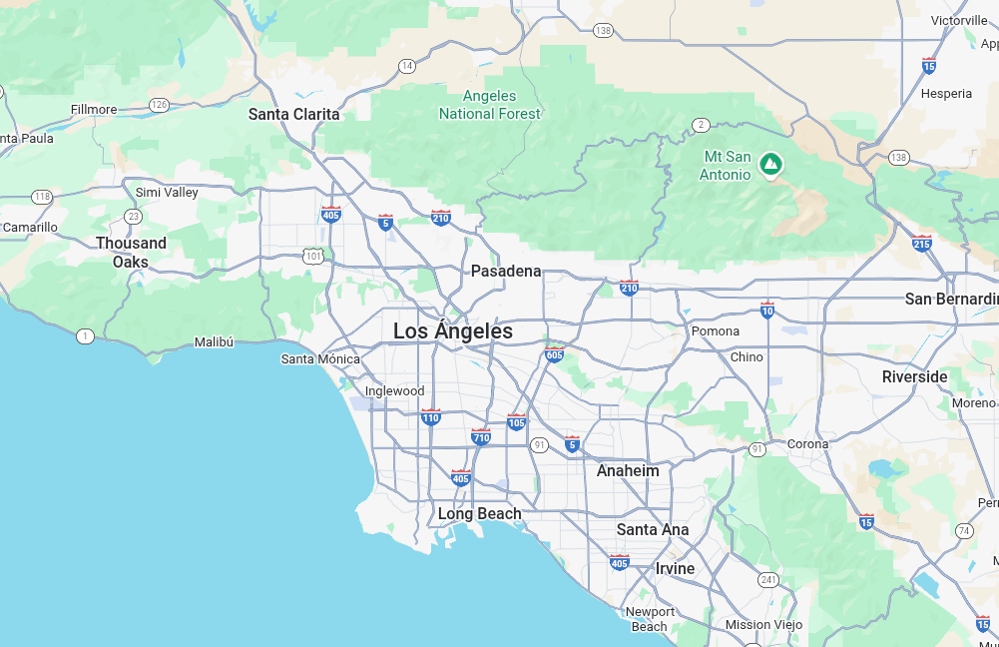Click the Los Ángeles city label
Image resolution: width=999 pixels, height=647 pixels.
pyautogui.click(x=453, y=331)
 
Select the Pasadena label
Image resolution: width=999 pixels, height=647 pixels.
pyautogui.click(x=506, y=271)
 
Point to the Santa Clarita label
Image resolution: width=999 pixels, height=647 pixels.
pyautogui.click(x=293, y=114)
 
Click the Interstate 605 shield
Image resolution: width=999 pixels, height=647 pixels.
pyautogui.click(x=554, y=354)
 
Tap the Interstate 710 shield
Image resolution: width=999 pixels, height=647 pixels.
pyautogui.click(x=481, y=436)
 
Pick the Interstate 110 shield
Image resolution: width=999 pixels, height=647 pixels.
pyautogui.click(x=430, y=417)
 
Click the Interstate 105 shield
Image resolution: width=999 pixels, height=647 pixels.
pyautogui.click(x=516, y=422)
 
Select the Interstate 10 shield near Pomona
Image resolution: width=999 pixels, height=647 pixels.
pyautogui.click(x=766, y=310)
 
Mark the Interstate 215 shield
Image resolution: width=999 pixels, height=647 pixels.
pyautogui.click(x=921, y=243)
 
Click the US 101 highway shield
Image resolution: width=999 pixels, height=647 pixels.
pyautogui.click(x=314, y=256)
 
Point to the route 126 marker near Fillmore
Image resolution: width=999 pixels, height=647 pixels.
pyautogui.click(x=159, y=105)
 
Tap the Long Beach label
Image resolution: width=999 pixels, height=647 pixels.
pyautogui.click(x=480, y=514)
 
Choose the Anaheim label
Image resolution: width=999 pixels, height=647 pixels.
pyautogui.click(x=628, y=470)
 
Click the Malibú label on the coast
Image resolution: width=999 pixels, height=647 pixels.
pyautogui.click(x=214, y=342)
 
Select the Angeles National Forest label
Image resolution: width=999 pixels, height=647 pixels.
pyautogui.click(x=490, y=105)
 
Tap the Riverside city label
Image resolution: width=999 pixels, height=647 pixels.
pyautogui.click(x=914, y=376)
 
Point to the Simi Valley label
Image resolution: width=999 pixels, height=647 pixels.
pyautogui.click(x=167, y=192)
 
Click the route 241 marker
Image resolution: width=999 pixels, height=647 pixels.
pyautogui.click(x=767, y=579)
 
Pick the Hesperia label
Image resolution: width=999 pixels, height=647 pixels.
pyautogui.click(x=945, y=94)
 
